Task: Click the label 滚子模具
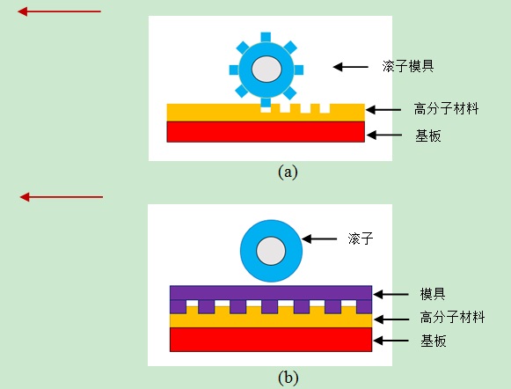408,66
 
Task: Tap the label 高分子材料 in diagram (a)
446,108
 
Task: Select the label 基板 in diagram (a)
428,136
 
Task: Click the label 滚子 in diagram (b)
361,239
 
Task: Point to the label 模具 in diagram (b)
433,294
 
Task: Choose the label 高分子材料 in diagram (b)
452,317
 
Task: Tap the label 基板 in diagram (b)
433,341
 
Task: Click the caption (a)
288,172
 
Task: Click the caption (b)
288,378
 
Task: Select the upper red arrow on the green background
59,11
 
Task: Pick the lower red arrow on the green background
62,197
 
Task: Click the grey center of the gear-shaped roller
266,70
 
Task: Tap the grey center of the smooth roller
271,251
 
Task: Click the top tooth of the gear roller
266,37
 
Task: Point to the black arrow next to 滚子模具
350,67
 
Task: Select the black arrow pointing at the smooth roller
319,239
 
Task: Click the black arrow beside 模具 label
391,295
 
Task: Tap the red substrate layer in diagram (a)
266,132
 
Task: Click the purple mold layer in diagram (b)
271,293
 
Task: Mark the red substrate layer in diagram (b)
271,340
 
